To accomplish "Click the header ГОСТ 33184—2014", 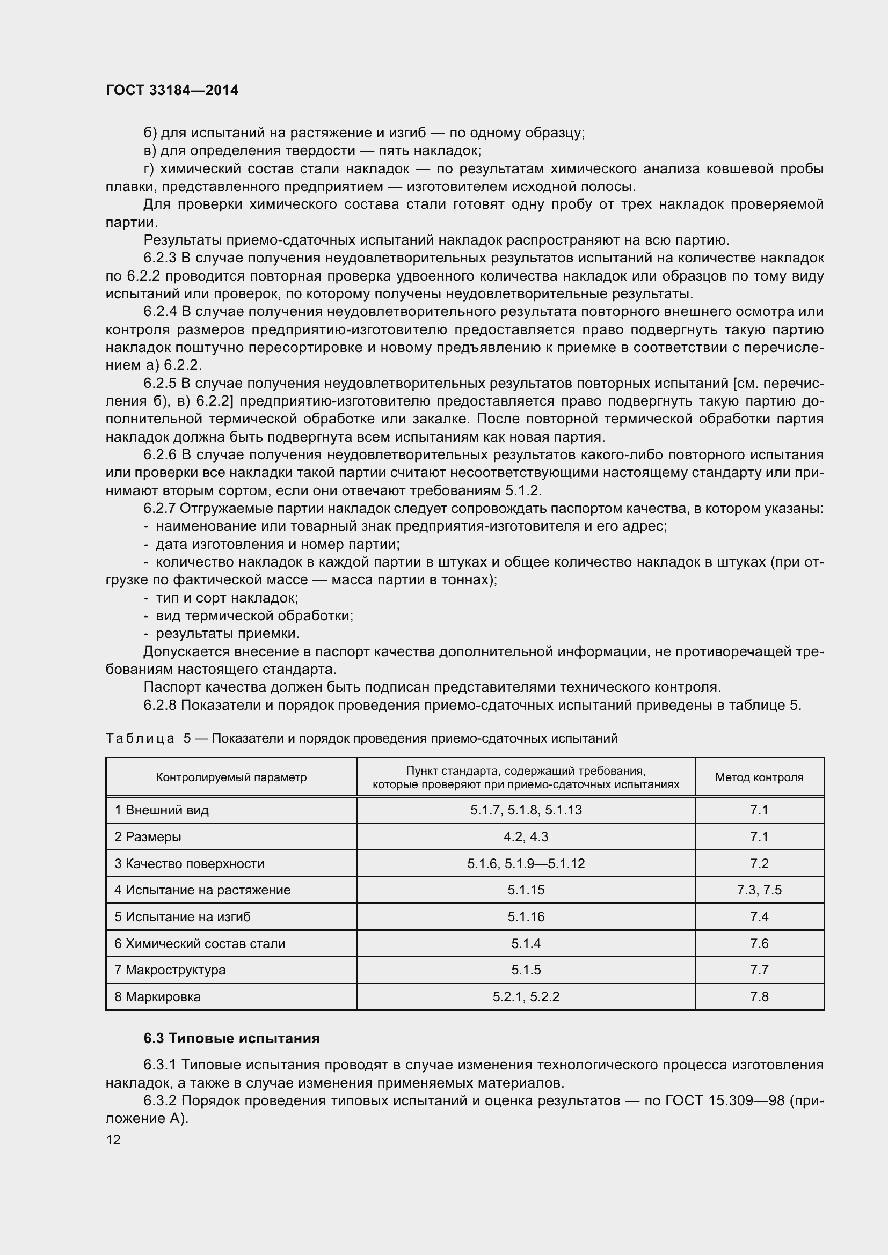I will [172, 90].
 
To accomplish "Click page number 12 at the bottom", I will [113, 1140].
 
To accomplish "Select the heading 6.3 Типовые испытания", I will [231, 1038].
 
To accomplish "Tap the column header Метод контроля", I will [759, 777].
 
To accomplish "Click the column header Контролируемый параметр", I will [231, 777].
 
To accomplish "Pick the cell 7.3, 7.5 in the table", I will [759, 890].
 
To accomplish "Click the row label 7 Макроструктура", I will [170, 970].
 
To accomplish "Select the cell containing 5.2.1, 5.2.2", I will [526, 996].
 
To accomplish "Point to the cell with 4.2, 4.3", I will [526, 837].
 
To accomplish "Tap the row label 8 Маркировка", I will [157, 996].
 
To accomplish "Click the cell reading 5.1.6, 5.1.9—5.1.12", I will [526, 864].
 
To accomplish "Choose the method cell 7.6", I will [759, 943].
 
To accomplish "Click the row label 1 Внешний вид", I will [161, 810].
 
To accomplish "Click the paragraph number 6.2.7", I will [159, 508].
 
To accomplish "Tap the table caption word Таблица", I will [140, 738].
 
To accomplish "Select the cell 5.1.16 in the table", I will [526, 916].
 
